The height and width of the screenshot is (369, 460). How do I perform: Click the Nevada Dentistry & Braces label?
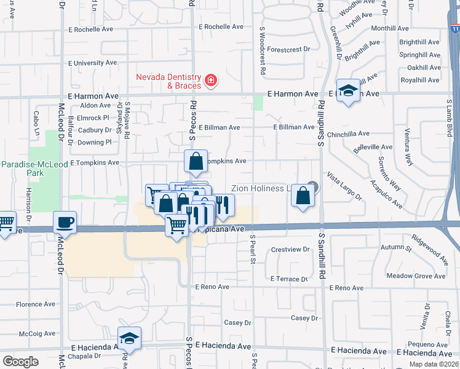[169, 81]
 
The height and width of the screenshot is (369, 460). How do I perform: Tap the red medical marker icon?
[210, 80]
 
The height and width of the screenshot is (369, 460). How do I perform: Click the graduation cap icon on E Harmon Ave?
[348, 90]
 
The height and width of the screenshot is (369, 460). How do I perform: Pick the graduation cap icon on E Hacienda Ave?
[129, 338]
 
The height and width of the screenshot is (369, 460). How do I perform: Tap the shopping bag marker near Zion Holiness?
[303, 196]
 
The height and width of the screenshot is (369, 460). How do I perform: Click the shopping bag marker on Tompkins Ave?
[195, 162]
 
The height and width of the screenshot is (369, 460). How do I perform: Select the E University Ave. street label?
[93, 63]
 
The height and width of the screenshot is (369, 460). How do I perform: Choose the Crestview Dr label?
[290, 249]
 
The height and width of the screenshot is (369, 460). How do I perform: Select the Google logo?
[20, 361]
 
